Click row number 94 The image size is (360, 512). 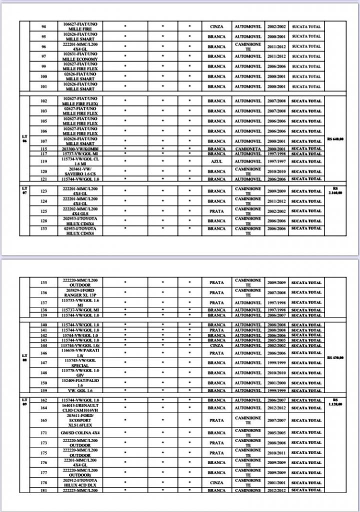[x=44, y=26]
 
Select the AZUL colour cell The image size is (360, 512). [x=216, y=161]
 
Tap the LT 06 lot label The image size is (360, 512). [x=24, y=138]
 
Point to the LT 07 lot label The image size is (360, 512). [x=24, y=189]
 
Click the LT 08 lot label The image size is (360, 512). [x=24, y=357]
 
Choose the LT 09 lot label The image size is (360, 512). [x=24, y=401]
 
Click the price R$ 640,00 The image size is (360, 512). [x=335, y=139]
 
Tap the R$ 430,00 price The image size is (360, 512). [x=335, y=357]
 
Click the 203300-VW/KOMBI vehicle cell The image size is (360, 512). [x=80, y=148]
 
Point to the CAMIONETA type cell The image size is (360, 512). [x=248, y=148]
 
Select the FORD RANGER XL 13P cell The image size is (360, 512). [x=80, y=292]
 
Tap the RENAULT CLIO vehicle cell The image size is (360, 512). [x=80, y=408]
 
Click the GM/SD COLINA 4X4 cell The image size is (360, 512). [x=80, y=432]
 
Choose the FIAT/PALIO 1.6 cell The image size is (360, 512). [x=80, y=383]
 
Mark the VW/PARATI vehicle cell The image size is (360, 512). [x=80, y=353]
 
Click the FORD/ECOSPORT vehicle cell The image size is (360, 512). [x=80, y=420]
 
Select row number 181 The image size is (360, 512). [x=44, y=490]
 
